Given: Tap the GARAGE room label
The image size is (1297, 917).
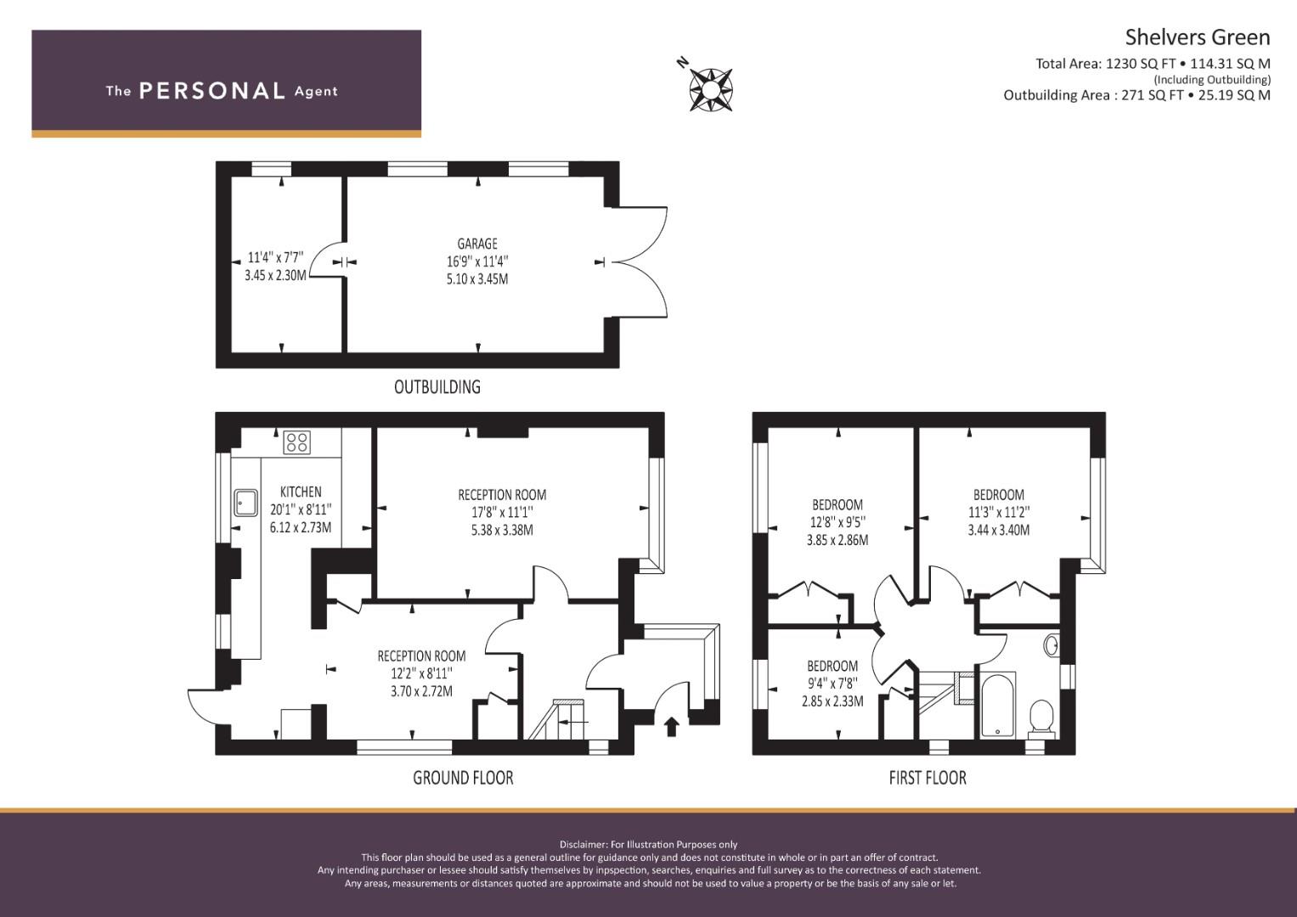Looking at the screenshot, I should [x=477, y=244].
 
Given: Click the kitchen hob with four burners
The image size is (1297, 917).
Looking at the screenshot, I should [x=297, y=442].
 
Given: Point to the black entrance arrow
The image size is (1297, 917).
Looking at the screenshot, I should [x=671, y=726].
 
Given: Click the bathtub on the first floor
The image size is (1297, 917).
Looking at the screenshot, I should [x=997, y=705].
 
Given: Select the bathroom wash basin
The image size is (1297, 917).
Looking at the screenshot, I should [x=1052, y=644].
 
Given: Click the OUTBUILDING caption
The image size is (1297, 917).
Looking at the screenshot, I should [x=437, y=387].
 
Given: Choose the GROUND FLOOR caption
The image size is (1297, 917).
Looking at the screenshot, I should [x=463, y=778].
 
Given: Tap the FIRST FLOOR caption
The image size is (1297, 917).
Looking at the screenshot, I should [x=928, y=778].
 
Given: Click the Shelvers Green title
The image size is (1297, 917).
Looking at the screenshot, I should [x=1198, y=37].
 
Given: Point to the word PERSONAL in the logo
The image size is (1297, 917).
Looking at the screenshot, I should [x=211, y=91].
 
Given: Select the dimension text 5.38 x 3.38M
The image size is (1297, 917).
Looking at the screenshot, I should [x=502, y=531].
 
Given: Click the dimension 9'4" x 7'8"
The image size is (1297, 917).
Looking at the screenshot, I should [x=832, y=684].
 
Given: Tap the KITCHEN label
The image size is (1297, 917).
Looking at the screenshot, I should [x=301, y=492].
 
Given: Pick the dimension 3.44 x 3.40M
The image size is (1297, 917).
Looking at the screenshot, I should [x=999, y=531].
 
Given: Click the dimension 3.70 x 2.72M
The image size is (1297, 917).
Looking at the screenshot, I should [x=421, y=691].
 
